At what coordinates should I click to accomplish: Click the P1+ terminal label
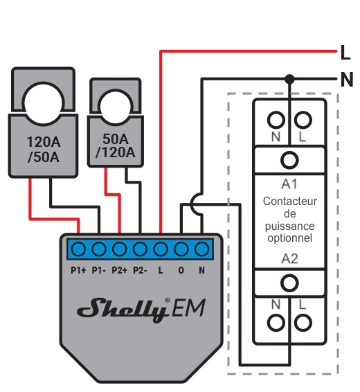(78, 270)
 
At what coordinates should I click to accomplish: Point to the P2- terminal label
(140, 270)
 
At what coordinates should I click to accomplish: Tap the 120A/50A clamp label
(43, 150)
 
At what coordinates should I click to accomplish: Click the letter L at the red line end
(345, 51)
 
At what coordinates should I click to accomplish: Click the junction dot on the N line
(289, 80)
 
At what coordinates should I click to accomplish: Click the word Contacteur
(289, 202)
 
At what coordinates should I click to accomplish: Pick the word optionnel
(289, 238)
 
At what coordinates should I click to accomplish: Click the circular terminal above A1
(289, 161)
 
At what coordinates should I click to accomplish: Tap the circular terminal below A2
(289, 282)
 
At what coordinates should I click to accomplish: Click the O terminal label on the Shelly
(181, 270)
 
